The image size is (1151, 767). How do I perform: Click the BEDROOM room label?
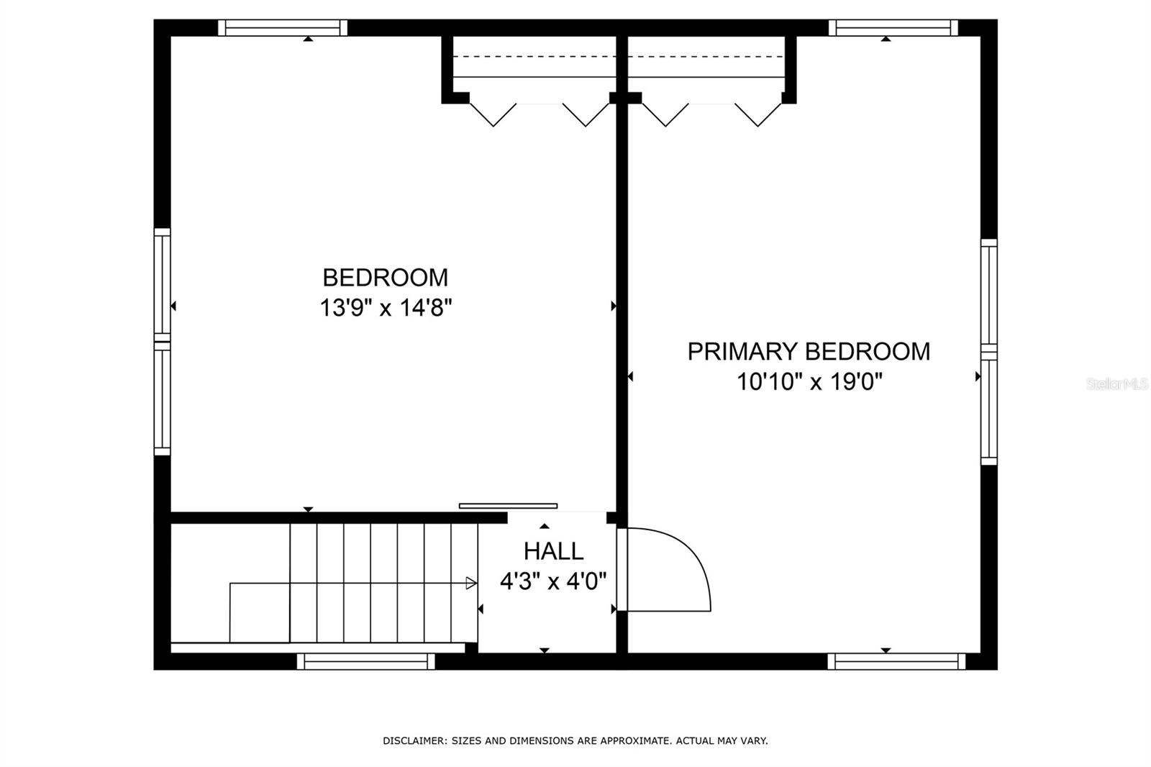[385, 278]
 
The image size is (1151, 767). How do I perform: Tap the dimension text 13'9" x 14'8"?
[386, 309]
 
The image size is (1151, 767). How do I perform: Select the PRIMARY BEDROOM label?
[809, 352]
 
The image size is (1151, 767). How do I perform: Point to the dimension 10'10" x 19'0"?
[809, 382]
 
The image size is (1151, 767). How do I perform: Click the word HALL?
[553, 552]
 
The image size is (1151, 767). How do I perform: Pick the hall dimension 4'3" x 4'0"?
[553, 581]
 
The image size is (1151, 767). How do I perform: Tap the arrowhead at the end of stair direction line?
[471, 583]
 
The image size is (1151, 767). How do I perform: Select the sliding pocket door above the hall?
[508, 506]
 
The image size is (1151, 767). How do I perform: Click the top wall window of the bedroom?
[283, 28]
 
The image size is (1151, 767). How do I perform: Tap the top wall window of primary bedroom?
[893, 28]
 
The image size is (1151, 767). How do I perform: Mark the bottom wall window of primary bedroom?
[896, 661]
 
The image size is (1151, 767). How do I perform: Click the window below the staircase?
[366, 661]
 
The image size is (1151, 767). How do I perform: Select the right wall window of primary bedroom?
[989, 352]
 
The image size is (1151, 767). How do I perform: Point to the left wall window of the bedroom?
[163, 342]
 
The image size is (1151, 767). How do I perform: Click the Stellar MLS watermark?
[1116, 384]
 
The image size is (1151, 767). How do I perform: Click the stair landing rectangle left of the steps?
[260, 612]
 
